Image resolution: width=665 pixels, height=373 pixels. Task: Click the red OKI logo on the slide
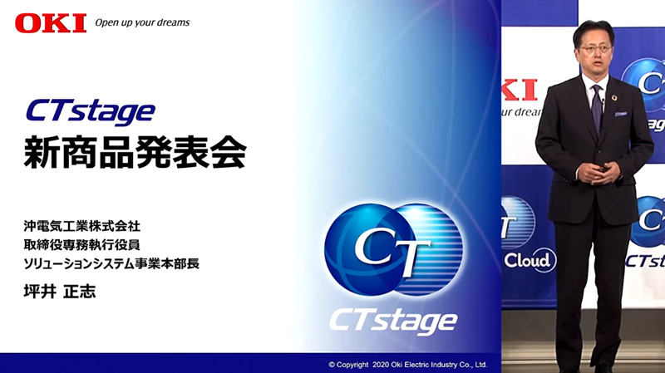[x=51, y=23]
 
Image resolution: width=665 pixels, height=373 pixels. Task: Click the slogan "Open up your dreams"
[x=142, y=23]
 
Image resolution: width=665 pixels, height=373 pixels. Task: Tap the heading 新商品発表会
[x=135, y=153]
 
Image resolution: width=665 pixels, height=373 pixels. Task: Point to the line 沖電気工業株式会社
[x=81, y=226]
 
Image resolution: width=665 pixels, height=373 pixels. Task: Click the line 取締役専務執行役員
[x=81, y=245]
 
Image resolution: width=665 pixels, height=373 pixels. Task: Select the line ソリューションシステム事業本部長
[x=111, y=263]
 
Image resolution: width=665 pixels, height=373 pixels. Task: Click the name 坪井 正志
[x=60, y=292]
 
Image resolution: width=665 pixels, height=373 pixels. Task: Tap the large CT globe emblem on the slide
[x=393, y=250]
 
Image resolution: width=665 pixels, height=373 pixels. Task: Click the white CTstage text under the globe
[x=393, y=322]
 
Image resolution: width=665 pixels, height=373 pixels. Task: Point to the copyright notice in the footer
[x=407, y=365]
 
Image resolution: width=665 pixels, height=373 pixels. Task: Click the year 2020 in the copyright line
[x=381, y=365]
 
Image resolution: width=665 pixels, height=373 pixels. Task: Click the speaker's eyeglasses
[x=595, y=49]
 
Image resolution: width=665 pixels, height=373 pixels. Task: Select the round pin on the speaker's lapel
[x=613, y=98]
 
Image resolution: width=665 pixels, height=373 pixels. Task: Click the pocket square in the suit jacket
[x=621, y=114]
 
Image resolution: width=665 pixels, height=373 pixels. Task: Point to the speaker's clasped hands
[x=599, y=173]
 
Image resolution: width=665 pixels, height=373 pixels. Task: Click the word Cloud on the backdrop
[x=528, y=260]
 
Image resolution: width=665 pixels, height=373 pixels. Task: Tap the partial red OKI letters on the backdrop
[x=519, y=90]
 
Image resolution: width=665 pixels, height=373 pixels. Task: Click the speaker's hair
[x=594, y=31]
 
